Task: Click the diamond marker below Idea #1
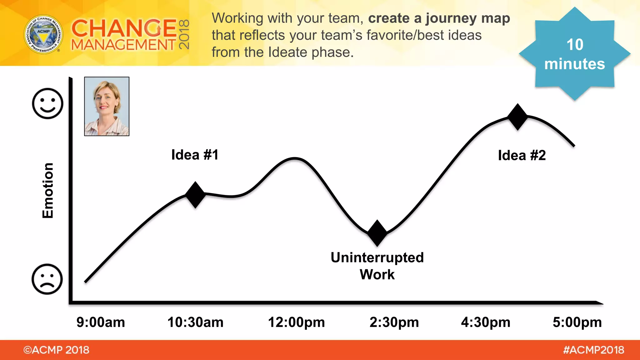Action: (195, 195)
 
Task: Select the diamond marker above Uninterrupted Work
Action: (377, 233)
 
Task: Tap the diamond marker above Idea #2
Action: (517, 117)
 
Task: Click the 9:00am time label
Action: (101, 322)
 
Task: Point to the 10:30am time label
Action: (196, 322)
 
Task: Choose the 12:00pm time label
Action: (296, 322)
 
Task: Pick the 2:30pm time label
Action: (394, 322)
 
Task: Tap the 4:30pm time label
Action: (486, 322)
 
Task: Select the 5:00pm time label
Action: (577, 322)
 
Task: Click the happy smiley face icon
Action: (47, 103)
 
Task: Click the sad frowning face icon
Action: (47, 279)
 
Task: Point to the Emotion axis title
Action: (48, 190)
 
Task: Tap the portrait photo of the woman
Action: (107, 106)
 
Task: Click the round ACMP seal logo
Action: (43, 34)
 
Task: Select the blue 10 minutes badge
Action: (574, 54)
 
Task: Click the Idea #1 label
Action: (195, 155)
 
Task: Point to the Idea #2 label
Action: (522, 155)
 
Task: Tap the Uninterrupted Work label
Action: (377, 266)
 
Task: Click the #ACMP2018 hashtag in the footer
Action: (593, 350)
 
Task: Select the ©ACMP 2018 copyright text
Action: (56, 350)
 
